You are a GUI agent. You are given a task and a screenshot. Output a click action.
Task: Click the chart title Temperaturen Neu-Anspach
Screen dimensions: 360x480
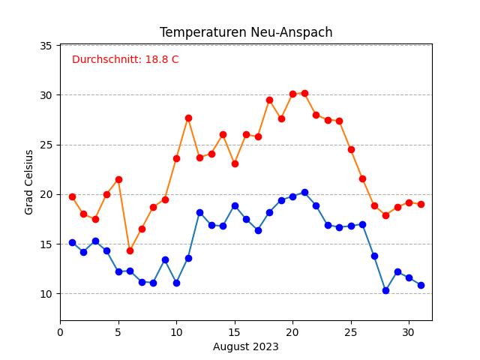pos(246,32)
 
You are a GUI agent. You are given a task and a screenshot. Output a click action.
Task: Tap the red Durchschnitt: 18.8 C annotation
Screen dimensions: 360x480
pos(125,59)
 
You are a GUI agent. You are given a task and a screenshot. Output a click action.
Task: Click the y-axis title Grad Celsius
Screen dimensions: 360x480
pos(29,182)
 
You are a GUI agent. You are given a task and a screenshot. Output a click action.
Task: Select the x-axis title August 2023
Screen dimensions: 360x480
pos(246,346)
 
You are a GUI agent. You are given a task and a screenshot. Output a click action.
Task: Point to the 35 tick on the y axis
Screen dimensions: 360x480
pos(46,46)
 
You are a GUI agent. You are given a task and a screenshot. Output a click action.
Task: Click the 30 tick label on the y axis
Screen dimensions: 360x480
pos(46,95)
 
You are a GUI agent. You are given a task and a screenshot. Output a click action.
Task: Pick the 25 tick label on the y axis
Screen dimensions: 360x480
pos(46,145)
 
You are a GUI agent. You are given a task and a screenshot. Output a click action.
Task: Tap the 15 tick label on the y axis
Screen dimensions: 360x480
pos(46,244)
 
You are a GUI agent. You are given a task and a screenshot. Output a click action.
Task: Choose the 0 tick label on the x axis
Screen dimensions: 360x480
pos(60,331)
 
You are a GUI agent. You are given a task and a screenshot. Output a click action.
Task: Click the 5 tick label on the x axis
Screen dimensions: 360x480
pos(118,331)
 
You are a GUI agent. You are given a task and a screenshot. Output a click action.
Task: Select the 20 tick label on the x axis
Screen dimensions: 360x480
pos(292,331)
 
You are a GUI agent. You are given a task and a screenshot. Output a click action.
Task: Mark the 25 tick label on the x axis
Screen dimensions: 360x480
pos(350,331)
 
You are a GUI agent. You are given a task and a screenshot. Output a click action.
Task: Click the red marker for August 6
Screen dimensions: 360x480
pos(130,250)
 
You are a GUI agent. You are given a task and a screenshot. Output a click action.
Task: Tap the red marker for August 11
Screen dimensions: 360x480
pos(188,118)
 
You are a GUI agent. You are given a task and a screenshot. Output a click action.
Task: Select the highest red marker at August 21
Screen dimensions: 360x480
pos(304,93)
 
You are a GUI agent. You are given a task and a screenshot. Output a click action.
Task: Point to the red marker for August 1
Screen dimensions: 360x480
pos(72,196)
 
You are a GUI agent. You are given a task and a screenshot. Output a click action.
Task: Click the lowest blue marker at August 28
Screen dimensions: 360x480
pos(385,290)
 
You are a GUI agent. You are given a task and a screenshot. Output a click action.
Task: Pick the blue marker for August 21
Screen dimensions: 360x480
pos(304,192)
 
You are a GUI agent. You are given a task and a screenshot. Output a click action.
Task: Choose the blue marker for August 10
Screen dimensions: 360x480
pos(176,283)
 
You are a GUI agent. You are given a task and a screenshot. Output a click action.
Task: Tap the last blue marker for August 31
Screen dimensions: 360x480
pos(421,285)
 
